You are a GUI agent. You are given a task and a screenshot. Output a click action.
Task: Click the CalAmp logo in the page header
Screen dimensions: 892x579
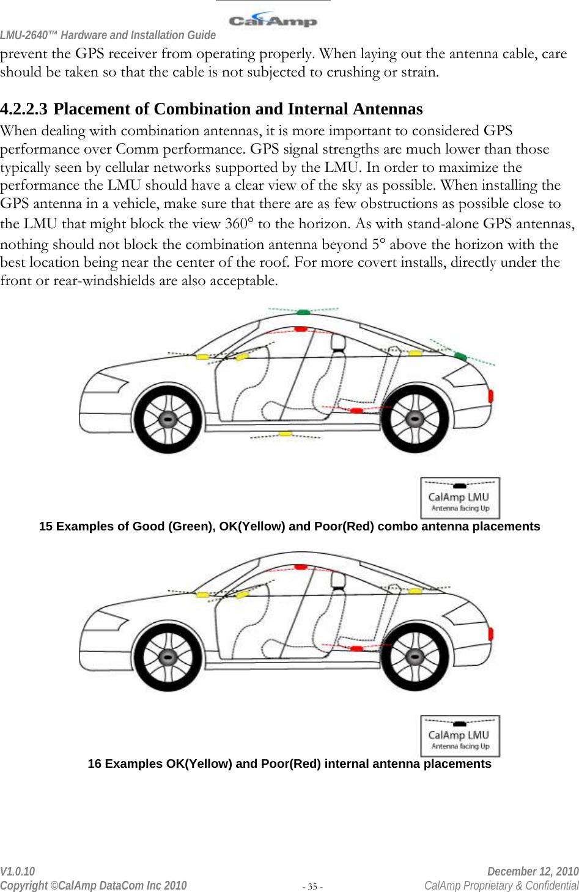coord(273,20)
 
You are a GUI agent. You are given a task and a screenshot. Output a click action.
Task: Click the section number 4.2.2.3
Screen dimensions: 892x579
coord(24,110)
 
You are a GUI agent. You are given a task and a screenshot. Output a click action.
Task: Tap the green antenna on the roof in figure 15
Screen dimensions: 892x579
coord(303,312)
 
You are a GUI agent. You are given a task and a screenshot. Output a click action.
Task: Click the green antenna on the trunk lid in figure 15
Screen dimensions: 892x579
coord(460,356)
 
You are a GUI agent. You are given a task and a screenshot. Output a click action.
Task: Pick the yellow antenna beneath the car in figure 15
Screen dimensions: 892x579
coord(286,434)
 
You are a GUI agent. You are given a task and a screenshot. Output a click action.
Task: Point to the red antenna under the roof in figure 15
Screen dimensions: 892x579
coord(301,329)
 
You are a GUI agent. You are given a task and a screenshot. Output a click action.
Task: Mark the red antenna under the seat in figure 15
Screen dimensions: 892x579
coord(356,410)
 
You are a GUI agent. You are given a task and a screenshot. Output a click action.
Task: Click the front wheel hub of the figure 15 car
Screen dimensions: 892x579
coord(168,420)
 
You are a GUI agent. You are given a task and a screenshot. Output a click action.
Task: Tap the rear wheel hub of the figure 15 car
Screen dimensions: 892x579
coord(415,420)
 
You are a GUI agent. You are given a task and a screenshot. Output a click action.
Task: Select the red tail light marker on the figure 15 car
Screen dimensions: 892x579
coord(491,395)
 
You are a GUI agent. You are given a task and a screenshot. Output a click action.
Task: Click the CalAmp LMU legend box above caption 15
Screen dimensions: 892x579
coord(460,498)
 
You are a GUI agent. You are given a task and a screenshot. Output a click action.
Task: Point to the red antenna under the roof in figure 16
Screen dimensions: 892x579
coord(301,567)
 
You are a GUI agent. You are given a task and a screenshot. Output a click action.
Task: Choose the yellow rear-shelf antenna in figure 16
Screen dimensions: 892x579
coord(415,591)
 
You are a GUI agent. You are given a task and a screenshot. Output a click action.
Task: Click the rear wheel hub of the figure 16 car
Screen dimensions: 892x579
coord(415,658)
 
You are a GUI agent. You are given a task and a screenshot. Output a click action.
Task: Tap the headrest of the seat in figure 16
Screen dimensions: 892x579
coord(338,580)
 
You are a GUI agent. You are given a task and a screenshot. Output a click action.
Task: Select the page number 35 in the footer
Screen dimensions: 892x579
coord(312,886)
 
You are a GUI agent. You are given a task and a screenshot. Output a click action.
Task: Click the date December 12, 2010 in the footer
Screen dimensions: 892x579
coord(533,871)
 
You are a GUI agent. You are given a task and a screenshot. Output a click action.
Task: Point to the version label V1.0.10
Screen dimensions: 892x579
coord(18,871)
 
